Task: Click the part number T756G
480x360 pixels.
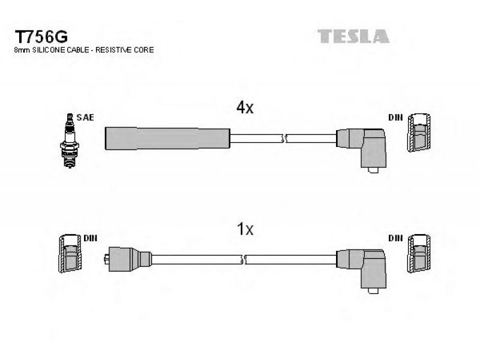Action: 41,37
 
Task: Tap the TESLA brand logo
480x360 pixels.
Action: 353,36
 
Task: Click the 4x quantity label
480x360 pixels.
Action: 245,107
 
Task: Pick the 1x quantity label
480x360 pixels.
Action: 245,229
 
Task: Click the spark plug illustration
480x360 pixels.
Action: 70,140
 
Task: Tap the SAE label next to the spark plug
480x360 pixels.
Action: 85,117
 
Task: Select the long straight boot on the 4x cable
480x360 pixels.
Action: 167,139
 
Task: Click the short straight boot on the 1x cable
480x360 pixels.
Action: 128,259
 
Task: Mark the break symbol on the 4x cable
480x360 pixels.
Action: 284,139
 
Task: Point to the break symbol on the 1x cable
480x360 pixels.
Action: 244,260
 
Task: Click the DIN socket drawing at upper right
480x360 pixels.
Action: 419,133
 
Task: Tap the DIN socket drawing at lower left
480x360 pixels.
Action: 70,253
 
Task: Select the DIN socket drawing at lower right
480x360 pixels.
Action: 419,253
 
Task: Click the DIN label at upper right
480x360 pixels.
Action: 395,118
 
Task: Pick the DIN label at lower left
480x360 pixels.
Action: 91,238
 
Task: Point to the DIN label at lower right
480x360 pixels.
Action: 395,238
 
